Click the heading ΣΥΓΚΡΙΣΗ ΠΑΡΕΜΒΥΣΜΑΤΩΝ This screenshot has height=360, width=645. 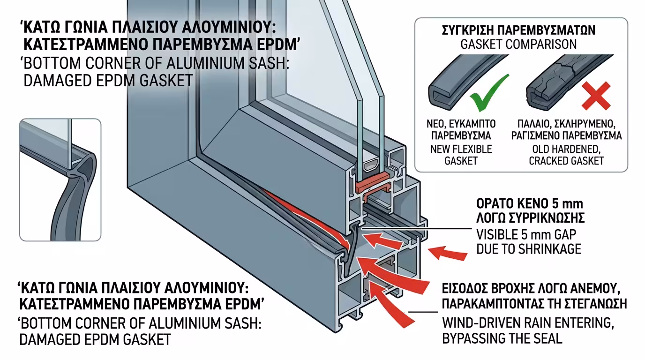pyautogui.click(x=519, y=30)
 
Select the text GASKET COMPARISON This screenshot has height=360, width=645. pyautogui.click(x=519, y=45)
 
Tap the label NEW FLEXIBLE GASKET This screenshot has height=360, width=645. pyautogui.click(x=454, y=155)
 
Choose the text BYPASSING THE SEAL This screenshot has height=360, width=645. pyautogui.click(x=502, y=338)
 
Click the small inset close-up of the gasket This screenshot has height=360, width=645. pyautogui.click(x=60, y=180)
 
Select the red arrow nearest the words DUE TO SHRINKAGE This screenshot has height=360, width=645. pyautogui.click(x=448, y=253)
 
